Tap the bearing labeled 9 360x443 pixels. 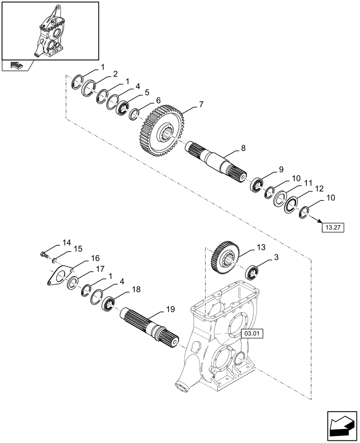pos(256,184)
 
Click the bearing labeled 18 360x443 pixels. pos(109,304)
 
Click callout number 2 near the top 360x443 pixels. pos(115,74)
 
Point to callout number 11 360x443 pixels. pos(307,183)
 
